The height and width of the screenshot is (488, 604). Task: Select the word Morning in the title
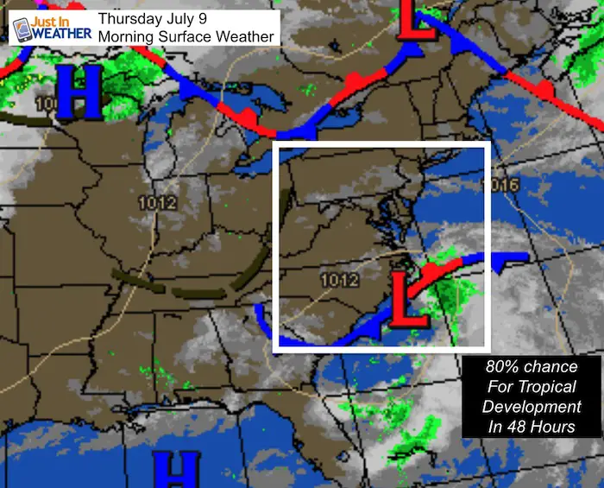tap(129, 37)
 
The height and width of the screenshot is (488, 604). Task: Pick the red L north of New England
tap(416, 22)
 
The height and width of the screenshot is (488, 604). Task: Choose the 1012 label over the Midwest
tap(158, 204)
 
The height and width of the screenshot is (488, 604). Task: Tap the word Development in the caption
tap(531, 407)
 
